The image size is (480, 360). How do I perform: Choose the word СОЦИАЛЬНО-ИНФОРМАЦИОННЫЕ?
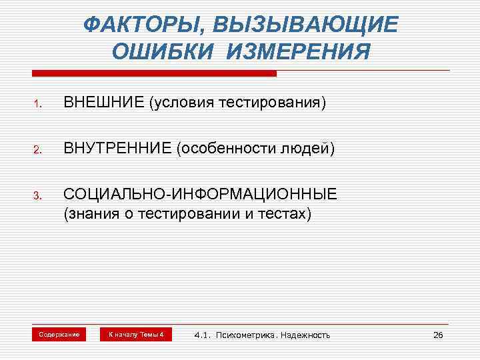[201, 195]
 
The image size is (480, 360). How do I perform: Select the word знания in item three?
[91, 215]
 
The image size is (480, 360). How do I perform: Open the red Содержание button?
[59, 334]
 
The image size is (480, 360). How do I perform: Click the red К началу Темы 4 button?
[136, 334]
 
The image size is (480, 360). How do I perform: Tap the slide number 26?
[438, 335]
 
